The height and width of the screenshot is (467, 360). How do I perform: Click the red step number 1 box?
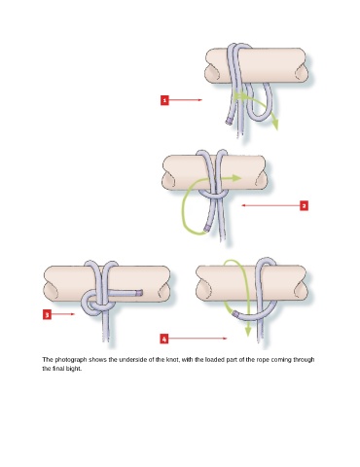[x=164, y=100]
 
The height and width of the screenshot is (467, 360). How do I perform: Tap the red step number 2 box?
[x=304, y=205]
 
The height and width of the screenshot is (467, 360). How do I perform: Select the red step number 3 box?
[x=47, y=314]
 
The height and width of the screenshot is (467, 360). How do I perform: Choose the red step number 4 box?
[x=164, y=339]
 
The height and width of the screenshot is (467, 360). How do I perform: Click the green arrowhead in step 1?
[x=275, y=125]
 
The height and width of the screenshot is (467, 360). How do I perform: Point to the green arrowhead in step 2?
[x=236, y=178]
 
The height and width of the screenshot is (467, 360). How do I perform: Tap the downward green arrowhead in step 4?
[x=248, y=331]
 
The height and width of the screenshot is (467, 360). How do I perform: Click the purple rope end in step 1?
[x=228, y=123]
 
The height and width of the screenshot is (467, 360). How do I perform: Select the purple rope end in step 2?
[x=206, y=229]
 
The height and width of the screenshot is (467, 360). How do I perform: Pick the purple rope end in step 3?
[x=140, y=293]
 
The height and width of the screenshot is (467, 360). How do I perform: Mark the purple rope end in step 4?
[x=236, y=313]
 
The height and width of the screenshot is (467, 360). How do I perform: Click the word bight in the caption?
[x=73, y=369]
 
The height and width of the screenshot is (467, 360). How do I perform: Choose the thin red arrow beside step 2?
[x=270, y=205]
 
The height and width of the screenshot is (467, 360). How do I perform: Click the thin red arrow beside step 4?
[x=198, y=339]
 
